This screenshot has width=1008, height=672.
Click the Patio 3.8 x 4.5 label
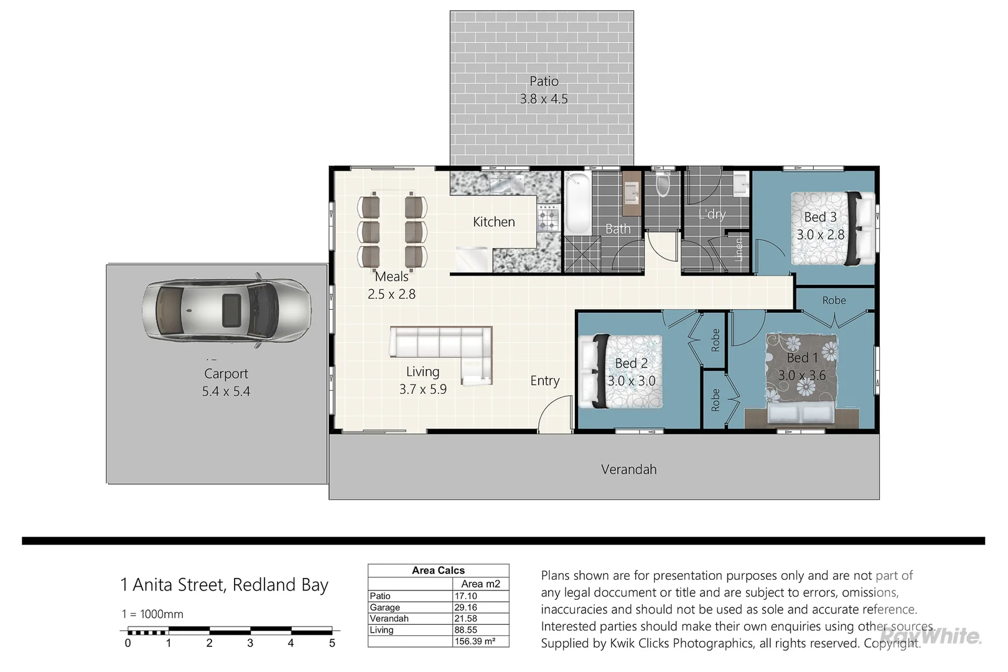(544, 90)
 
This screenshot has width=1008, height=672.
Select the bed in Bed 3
(833, 228)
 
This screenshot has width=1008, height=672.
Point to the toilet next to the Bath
(663, 184)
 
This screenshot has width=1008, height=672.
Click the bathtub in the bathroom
(578, 203)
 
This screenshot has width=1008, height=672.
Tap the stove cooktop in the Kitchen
(548, 218)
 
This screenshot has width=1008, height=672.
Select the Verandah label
(628, 470)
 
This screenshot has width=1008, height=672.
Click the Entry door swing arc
(553, 413)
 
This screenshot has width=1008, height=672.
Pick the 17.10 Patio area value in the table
(466, 596)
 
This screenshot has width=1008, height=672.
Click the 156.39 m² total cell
(475, 642)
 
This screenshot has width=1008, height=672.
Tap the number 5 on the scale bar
(332, 643)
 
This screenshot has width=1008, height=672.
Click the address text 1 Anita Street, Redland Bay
(224, 585)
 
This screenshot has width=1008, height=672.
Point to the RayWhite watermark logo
(931, 636)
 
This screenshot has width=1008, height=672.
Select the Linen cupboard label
(739, 250)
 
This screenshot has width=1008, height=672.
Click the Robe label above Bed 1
(834, 301)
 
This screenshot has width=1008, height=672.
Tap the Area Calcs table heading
(438, 571)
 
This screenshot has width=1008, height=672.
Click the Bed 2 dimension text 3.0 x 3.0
(631, 381)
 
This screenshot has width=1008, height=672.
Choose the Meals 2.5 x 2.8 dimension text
(391, 294)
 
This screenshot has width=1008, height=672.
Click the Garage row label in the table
(385, 607)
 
